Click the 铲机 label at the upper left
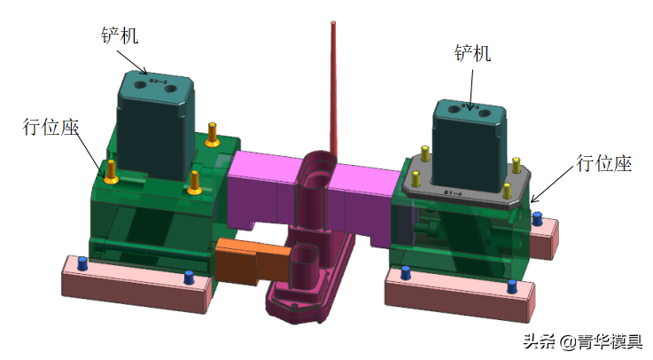point(120,35)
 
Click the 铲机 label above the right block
point(472,53)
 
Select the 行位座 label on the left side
point(51,127)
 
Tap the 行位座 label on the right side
point(604,163)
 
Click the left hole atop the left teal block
point(140,85)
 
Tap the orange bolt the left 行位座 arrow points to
point(111,172)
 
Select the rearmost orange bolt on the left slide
point(213,135)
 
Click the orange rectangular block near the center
point(254,262)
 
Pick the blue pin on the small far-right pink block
point(537,219)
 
